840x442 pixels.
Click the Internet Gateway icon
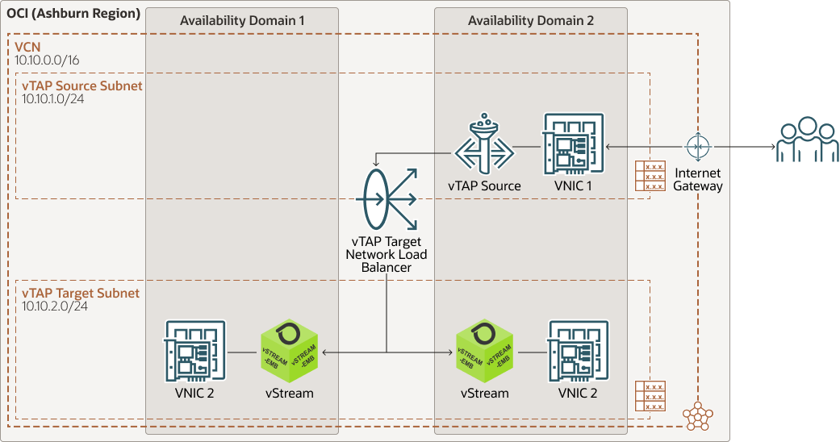pos(698,147)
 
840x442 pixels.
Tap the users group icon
pos(807,141)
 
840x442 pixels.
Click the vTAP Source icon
pos(484,147)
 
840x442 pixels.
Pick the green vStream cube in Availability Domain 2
pos(484,352)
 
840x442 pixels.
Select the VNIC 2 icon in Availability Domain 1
pos(195,351)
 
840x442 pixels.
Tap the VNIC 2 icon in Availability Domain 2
pos(578,351)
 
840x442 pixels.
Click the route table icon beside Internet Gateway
pos(650,176)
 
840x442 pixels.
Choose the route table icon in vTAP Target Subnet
pos(650,396)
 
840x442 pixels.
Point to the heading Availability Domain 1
pos(242,21)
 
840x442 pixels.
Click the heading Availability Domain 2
pos(531,21)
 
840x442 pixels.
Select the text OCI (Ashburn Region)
pos(73,15)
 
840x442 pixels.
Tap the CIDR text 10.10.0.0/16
pos(47,60)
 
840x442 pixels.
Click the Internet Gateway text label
pos(699,179)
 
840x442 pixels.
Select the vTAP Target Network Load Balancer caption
pos(387,254)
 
